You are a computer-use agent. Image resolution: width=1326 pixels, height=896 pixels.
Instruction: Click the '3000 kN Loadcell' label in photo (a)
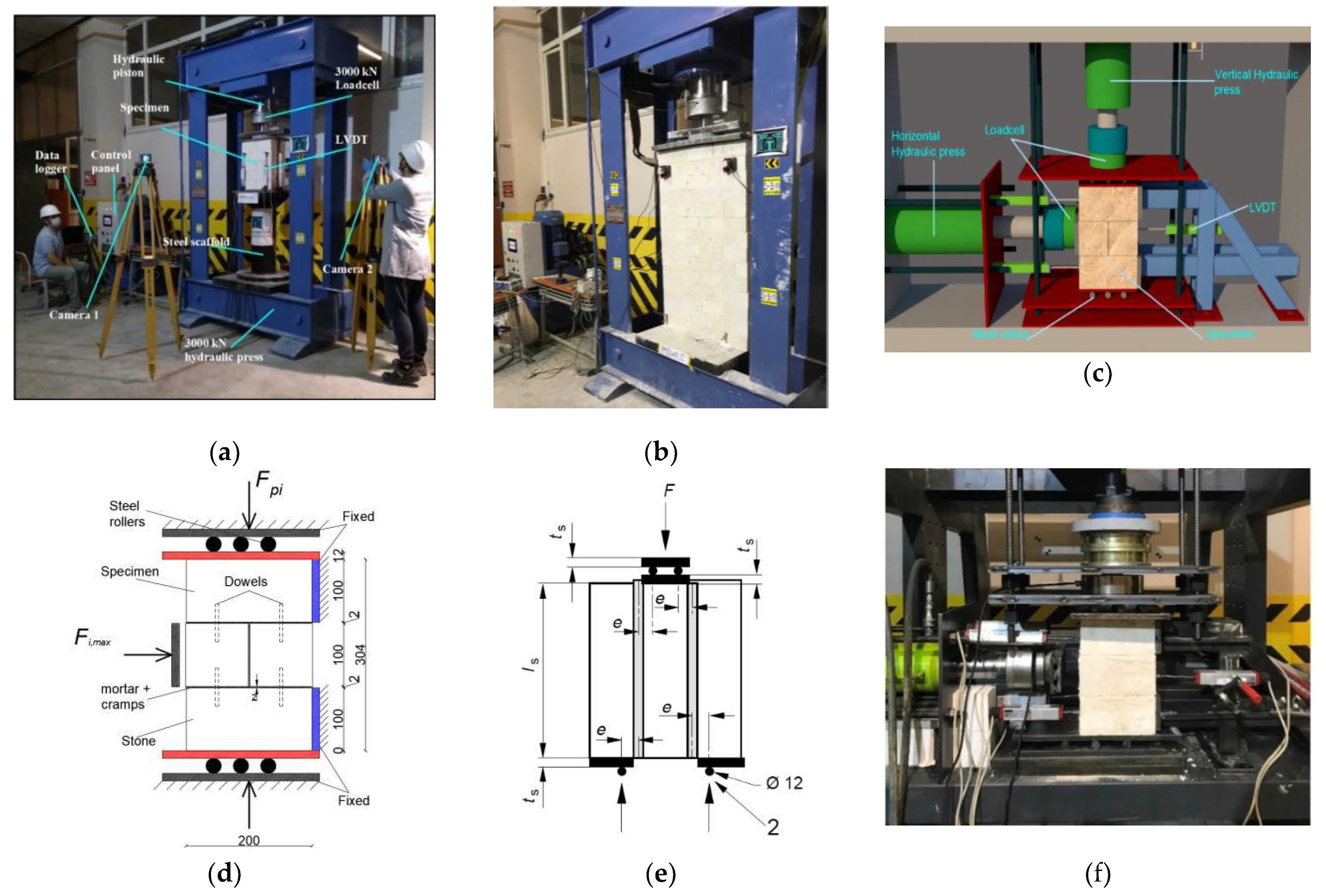pos(357,78)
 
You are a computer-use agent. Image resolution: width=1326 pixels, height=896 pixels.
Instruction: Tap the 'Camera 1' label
pos(74,314)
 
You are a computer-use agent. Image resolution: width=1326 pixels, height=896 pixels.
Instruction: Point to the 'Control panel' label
pos(110,161)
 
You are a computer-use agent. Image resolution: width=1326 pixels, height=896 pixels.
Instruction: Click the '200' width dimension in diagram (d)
pos(249,840)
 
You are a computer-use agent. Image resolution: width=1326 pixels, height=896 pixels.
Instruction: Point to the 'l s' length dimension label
pos(531,664)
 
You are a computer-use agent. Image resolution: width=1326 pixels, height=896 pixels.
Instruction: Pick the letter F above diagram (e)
pos(669,491)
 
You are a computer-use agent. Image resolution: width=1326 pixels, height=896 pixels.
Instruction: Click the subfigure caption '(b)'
pos(661,452)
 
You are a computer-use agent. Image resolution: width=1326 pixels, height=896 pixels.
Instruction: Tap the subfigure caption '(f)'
pos(1097,873)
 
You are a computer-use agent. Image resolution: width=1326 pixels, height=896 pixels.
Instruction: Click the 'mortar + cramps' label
pos(125,696)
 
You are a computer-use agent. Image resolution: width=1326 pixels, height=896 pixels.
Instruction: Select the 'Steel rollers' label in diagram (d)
pos(127,514)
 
